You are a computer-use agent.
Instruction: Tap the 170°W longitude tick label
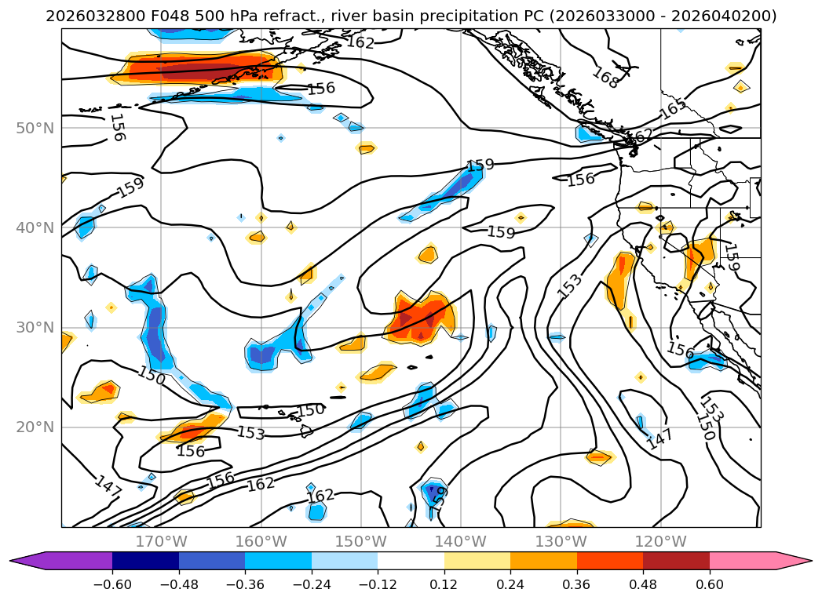(x=161, y=541)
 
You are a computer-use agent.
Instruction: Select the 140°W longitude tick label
(x=461, y=541)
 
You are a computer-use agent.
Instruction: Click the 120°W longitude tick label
(x=660, y=541)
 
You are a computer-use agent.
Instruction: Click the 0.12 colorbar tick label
(x=444, y=584)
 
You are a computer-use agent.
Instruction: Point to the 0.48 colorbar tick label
(x=643, y=584)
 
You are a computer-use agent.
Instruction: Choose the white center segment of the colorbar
(x=411, y=561)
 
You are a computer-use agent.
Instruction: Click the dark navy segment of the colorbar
(x=145, y=561)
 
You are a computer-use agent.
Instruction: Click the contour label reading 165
(x=672, y=110)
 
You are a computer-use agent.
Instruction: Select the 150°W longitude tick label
(x=361, y=541)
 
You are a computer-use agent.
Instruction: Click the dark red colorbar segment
(x=676, y=561)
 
